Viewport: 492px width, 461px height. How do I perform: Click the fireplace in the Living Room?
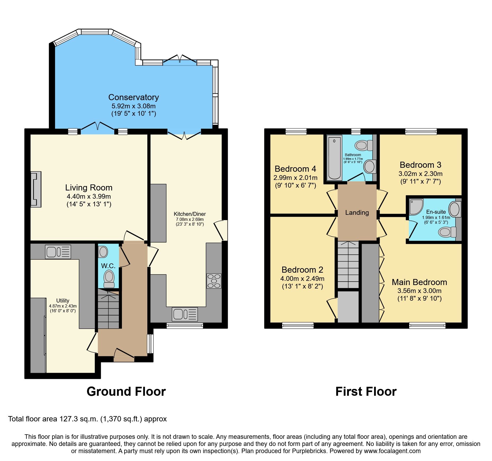click(36, 189)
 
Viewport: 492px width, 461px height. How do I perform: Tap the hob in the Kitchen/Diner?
click(214, 281)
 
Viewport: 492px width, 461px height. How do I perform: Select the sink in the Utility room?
click(58, 252)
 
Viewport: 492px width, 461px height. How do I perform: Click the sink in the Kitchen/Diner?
click(185, 314)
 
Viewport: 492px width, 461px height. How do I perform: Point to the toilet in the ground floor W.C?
click(109, 278)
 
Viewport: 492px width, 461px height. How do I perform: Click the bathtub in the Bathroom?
click(334, 158)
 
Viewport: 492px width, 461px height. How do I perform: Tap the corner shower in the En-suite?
click(416, 207)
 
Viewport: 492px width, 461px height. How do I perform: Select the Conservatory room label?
click(134, 97)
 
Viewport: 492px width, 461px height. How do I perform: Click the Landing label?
click(357, 212)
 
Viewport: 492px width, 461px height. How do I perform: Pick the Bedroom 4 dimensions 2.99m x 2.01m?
click(295, 178)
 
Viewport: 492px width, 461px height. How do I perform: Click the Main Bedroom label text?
click(419, 282)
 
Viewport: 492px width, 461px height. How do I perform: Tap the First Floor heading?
click(366, 392)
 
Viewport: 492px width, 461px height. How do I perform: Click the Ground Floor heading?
click(126, 392)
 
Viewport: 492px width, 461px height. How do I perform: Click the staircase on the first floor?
click(348, 264)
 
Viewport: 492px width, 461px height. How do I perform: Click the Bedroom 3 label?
click(420, 165)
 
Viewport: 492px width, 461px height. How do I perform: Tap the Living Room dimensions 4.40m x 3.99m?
click(89, 197)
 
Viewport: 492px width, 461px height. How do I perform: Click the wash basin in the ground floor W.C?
click(103, 252)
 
